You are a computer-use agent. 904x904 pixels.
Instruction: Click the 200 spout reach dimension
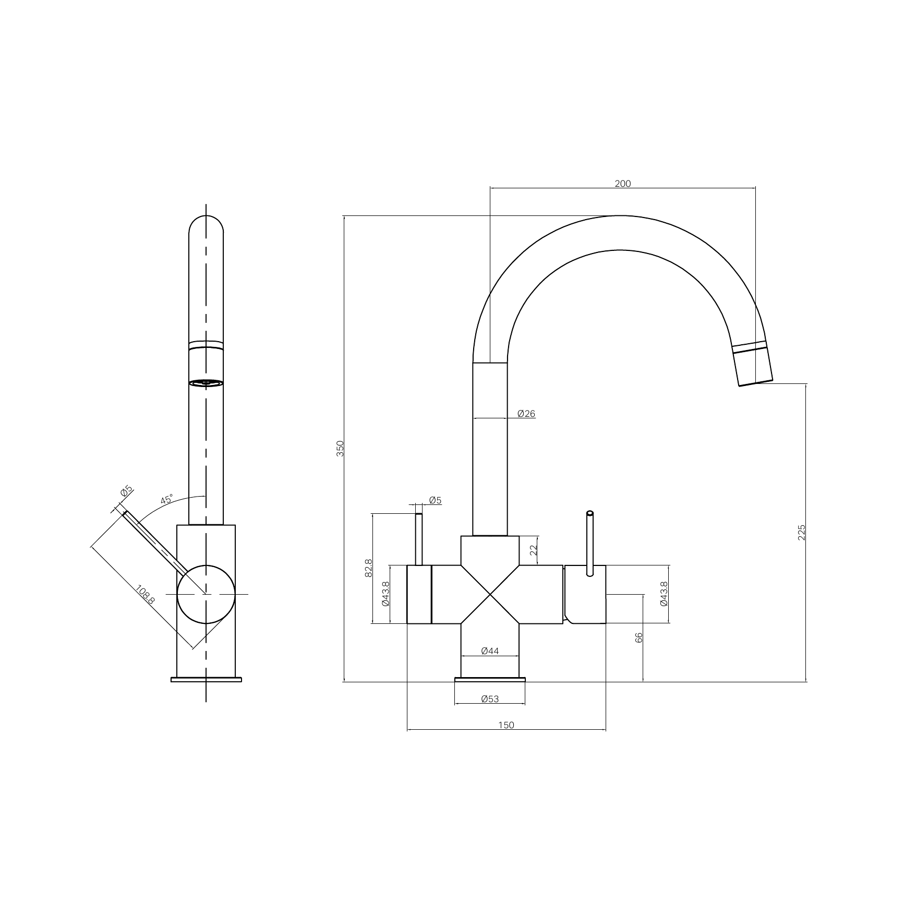pyautogui.click(x=623, y=184)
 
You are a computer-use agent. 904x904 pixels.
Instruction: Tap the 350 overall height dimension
pyautogui.click(x=340, y=449)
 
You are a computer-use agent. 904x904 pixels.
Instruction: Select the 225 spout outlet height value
pyautogui.click(x=802, y=533)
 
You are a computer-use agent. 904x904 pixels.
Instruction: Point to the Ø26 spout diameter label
pyautogui.click(x=526, y=414)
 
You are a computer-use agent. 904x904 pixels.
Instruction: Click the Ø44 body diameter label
pyautogui.click(x=490, y=651)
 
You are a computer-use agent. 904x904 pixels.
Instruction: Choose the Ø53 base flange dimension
pyautogui.click(x=490, y=699)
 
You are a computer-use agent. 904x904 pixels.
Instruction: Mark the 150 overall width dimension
pyautogui.click(x=507, y=725)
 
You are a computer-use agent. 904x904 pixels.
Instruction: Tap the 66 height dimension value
pyautogui.click(x=640, y=637)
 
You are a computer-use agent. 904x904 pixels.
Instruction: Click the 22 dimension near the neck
pyautogui.click(x=533, y=550)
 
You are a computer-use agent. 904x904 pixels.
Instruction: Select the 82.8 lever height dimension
pyautogui.click(x=369, y=568)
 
